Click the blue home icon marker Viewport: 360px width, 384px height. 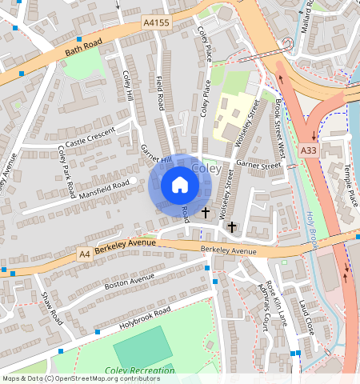(x=180, y=186)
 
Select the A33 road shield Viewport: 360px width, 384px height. (x=309, y=150)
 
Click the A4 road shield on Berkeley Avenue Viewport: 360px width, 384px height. (x=84, y=254)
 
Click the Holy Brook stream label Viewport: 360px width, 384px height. (x=313, y=226)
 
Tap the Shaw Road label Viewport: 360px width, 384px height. (x=52, y=306)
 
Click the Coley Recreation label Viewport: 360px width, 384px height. (x=139, y=370)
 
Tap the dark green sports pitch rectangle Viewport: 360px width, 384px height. (x=142, y=345)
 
